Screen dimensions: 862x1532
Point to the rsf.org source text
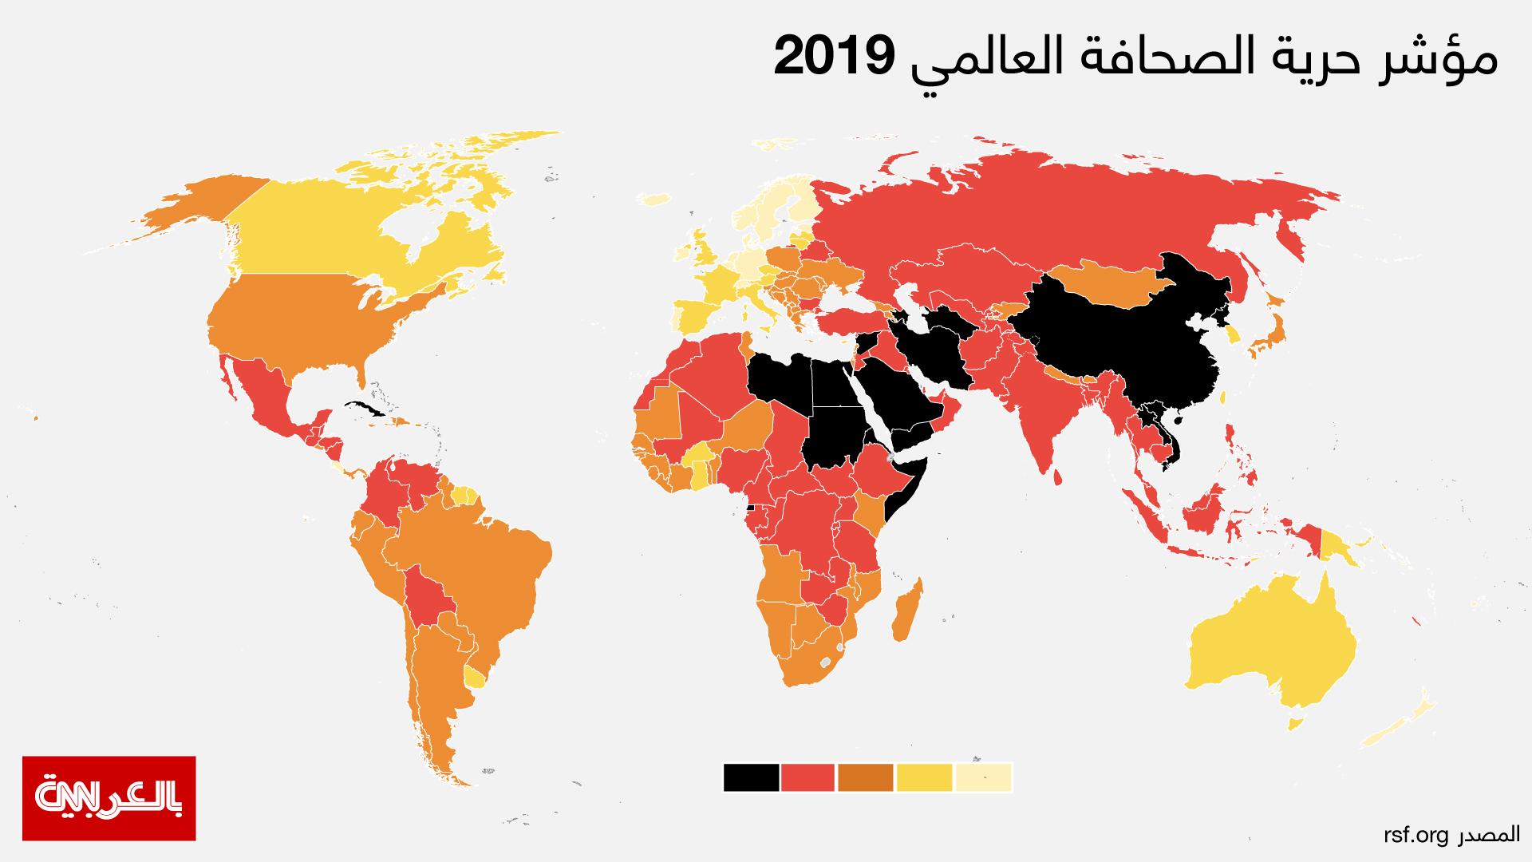point(1415,835)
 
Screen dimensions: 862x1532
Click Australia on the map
point(1277,654)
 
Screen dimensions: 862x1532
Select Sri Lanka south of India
point(1057,477)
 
